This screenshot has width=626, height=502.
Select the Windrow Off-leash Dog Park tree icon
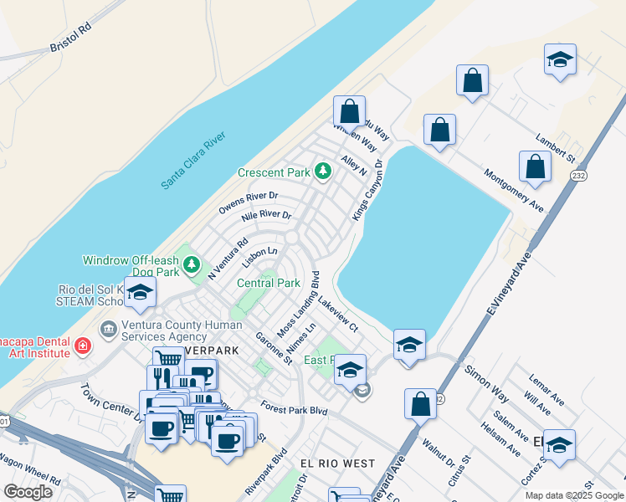click(192, 265)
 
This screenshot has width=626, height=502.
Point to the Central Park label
click(269, 283)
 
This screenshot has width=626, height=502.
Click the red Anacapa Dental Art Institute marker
click(81, 346)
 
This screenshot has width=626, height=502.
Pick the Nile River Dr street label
click(266, 216)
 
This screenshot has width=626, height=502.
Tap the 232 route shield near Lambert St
click(578, 176)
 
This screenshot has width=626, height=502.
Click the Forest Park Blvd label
click(293, 410)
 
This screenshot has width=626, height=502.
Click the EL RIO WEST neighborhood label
click(337, 463)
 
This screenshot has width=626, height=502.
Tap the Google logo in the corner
click(28, 491)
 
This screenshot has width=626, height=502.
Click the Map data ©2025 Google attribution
click(574, 495)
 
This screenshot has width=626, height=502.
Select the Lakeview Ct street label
click(337, 313)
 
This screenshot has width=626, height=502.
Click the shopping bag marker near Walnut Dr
click(420, 403)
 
